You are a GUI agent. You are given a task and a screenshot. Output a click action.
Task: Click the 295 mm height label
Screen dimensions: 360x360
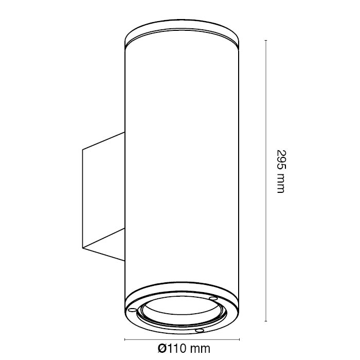(281, 172)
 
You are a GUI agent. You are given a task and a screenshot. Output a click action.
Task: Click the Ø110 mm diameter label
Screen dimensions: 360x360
(184, 348)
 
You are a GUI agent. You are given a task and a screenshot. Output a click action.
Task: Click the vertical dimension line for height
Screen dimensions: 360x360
(266, 181)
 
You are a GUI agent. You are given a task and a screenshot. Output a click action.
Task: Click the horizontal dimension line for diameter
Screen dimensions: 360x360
(182, 339)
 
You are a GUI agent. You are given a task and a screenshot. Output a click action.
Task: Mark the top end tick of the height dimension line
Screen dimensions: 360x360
(266, 41)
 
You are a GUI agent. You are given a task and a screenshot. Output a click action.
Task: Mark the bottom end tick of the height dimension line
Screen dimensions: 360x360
(266, 321)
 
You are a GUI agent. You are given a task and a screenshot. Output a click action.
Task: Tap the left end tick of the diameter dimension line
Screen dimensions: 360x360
(124, 339)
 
